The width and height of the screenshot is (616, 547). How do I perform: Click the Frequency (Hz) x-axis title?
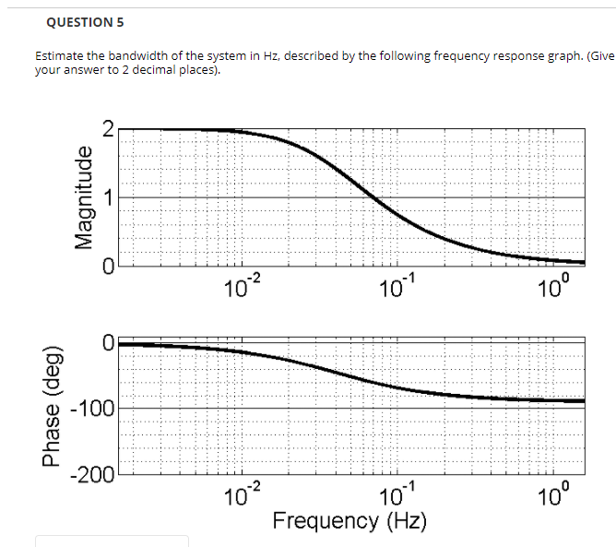point(349,521)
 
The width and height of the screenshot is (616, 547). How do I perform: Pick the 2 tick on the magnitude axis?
point(107,130)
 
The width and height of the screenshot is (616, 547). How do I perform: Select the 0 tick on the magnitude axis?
point(107,266)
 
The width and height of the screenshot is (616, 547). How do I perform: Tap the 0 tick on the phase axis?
point(107,343)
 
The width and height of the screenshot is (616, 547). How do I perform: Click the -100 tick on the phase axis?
point(94,409)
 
